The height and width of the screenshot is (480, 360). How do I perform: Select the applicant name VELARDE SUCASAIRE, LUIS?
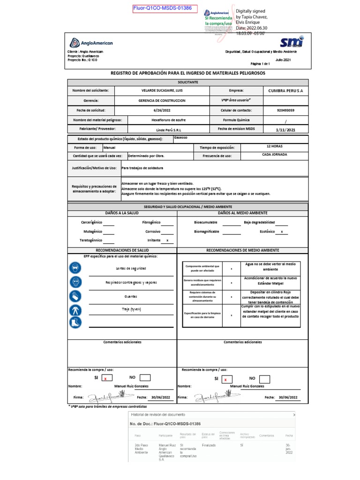tap(162, 90)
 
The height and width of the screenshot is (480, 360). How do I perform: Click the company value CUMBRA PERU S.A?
tap(285, 90)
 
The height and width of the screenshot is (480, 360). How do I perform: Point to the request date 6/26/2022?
tap(162, 110)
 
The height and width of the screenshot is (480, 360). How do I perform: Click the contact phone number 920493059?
tap(285, 110)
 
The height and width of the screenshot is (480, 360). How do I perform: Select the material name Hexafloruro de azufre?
tap(162, 120)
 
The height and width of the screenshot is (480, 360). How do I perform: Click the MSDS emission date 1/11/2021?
tap(285, 130)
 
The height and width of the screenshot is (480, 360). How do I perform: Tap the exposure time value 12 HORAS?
tap(274, 146)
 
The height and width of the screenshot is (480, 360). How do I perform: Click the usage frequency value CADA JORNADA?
tap(274, 154)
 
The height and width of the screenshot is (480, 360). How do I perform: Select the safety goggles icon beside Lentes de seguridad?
tap(75, 268)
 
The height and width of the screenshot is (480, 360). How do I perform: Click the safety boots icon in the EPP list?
tap(75, 322)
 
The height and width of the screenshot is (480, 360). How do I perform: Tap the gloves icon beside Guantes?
tap(75, 296)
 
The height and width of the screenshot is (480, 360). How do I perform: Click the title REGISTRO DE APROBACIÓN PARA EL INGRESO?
tap(187, 74)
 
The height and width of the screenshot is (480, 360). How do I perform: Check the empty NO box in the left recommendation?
tap(145, 378)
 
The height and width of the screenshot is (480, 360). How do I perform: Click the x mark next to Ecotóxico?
tap(281, 232)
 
